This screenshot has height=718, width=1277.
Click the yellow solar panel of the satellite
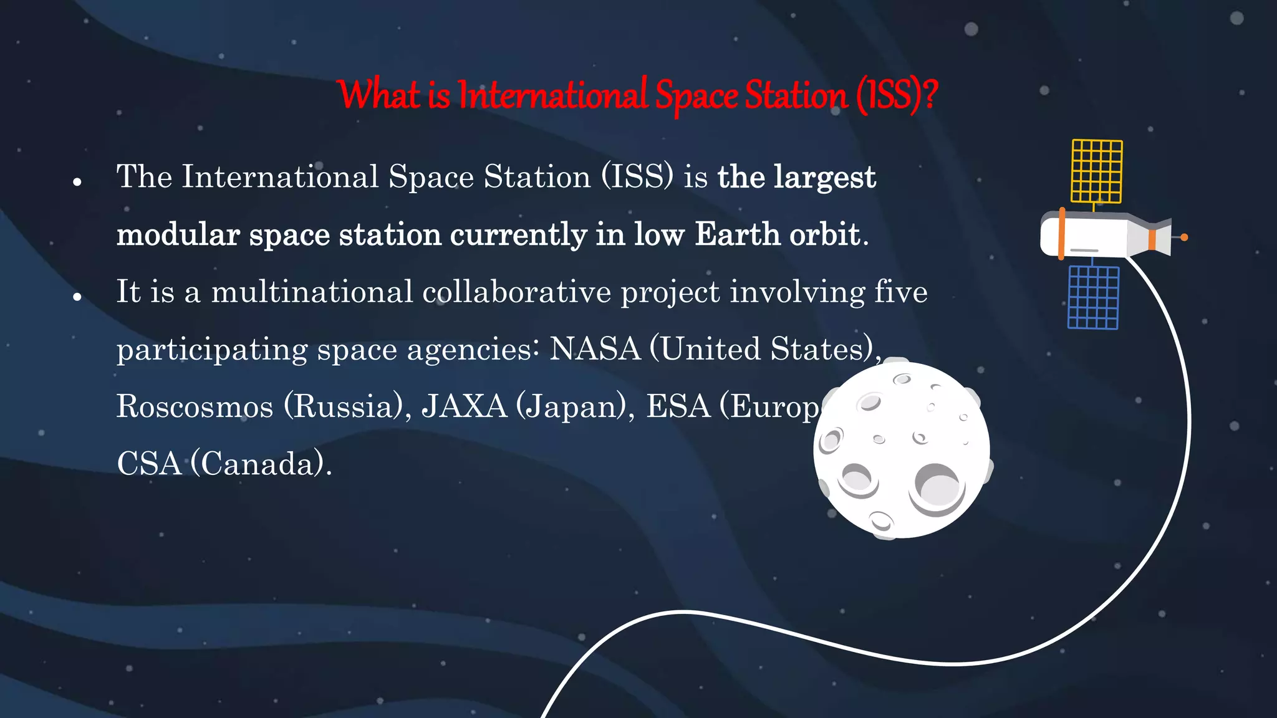(1097, 171)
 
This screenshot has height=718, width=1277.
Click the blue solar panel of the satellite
(1093, 297)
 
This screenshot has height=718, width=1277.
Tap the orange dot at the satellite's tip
(1184, 237)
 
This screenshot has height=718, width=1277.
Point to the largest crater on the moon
(937, 486)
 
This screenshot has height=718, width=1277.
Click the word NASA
(595, 348)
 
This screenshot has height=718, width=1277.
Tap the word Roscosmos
(195, 406)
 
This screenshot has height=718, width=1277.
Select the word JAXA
(465, 406)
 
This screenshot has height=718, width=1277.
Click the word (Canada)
(261, 464)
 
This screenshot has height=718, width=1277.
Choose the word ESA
(678, 406)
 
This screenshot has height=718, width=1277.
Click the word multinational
(312, 292)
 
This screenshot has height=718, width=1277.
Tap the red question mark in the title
(930, 95)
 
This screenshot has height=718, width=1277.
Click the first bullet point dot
(77, 182)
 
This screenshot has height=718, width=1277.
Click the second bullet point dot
(77, 297)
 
